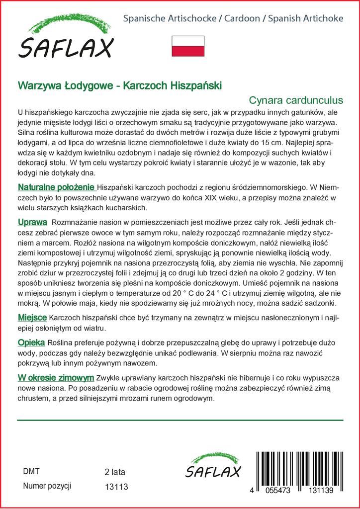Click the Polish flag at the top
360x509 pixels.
(187, 46)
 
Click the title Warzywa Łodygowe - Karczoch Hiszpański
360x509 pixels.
(120, 85)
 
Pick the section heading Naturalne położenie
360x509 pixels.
(56, 187)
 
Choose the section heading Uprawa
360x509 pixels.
(32, 222)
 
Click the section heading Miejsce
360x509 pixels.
(32, 318)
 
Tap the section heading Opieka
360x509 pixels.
(31, 342)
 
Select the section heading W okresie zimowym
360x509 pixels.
(56, 377)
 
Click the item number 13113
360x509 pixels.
(117, 487)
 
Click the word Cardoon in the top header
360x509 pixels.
(242, 19)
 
